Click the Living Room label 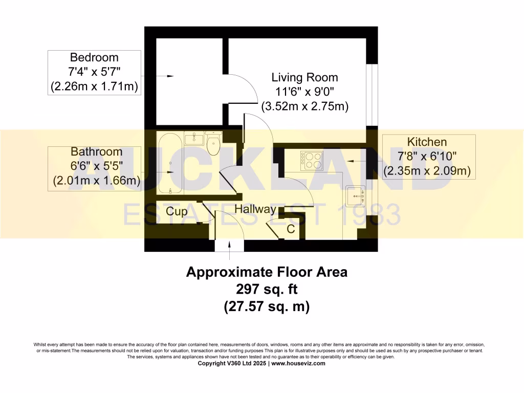[x=304, y=78]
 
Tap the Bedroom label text [x=94, y=57]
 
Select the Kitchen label [x=427, y=142]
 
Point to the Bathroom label [x=96, y=151]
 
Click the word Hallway [x=255, y=209]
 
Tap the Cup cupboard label [x=176, y=211]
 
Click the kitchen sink [x=355, y=194]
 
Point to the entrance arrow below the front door [x=229, y=249]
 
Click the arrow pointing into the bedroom [x=166, y=77]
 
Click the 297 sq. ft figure [x=266, y=289]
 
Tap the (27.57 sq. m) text [x=266, y=307]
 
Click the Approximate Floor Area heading [x=266, y=272]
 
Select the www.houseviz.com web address [x=298, y=363]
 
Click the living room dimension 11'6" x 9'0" [x=304, y=93]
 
